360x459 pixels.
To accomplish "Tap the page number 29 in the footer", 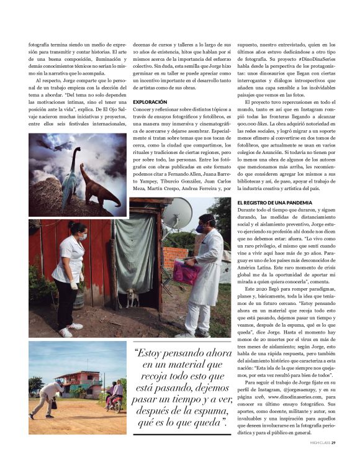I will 333,443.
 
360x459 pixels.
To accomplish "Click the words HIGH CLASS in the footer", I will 318,443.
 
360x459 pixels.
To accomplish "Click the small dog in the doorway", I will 132,298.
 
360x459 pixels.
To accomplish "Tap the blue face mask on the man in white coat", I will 201,228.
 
